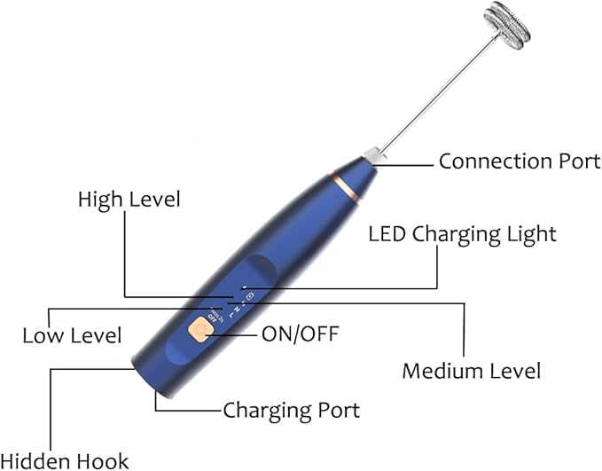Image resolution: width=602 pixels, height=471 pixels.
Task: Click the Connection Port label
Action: tap(520, 161)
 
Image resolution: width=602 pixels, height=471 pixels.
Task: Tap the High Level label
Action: tap(129, 199)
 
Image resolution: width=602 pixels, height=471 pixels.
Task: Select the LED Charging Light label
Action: tap(462, 235)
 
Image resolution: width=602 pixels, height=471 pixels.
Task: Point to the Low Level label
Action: tap(72, 335)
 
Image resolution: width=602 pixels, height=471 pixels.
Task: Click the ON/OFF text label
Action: tap(301, 334)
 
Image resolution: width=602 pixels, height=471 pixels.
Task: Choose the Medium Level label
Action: tap(471, 370)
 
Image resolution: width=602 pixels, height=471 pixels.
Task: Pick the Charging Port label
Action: tap(291, 410)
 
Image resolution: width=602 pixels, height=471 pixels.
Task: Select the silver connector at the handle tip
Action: tap(376, 156)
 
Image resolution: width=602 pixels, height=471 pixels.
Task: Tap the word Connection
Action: tap(490, 161)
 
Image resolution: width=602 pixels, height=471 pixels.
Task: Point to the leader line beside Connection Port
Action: tap(410, 162)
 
